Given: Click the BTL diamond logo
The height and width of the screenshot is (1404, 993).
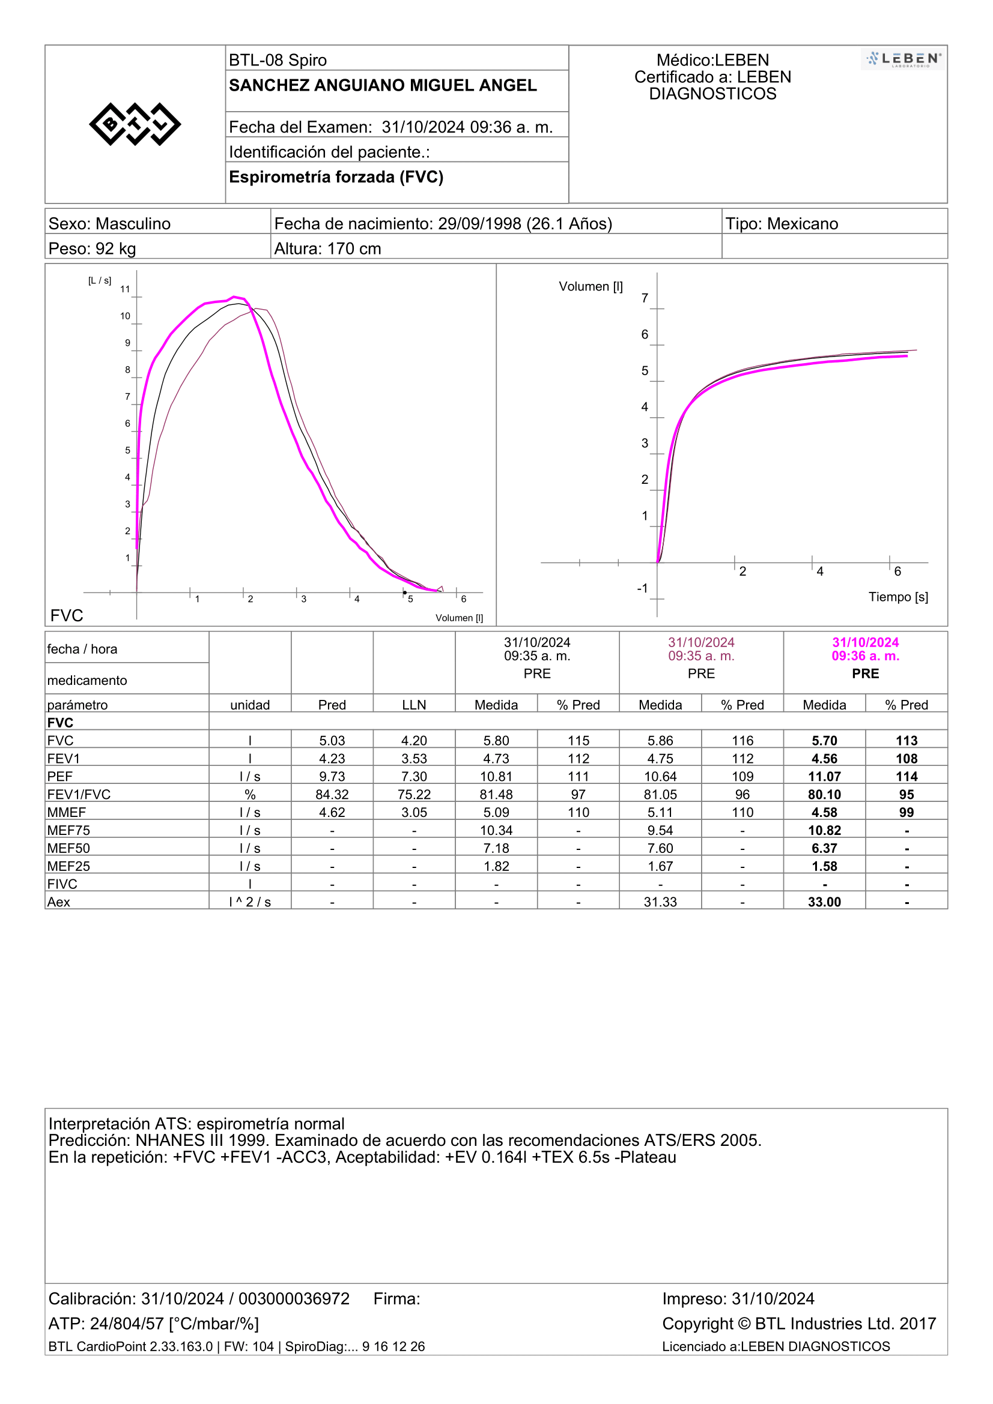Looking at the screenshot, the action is [x=135, y=124].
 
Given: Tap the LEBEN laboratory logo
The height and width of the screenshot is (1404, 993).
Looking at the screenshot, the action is [x=902, y=59].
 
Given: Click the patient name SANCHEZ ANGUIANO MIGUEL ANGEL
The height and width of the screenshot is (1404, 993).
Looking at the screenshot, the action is [x=383, y=85].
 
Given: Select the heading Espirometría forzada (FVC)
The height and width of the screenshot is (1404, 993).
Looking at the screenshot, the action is [x=336, y=176].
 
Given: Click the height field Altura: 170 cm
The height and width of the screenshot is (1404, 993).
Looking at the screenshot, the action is [x=327, y=249].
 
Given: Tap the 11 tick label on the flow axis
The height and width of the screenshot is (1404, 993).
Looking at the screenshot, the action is [x=125, y=289].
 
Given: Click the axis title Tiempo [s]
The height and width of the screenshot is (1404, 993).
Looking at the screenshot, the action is [x=898, y=597].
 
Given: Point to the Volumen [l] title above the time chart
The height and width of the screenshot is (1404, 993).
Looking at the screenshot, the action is [x=591, y=286].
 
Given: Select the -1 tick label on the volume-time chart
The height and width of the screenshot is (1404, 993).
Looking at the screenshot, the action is [x=642, y=588].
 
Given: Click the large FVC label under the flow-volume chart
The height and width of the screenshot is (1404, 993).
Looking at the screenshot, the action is [x=67, y=615].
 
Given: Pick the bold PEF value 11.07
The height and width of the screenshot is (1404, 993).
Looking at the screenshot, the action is [x=824, y=777].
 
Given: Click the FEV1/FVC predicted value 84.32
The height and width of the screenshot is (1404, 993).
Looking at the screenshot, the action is [x=332, y=794].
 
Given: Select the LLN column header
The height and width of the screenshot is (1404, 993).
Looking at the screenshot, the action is [x=415, y=705].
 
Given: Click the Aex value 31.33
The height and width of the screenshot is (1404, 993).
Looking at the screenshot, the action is [x=660, y=902].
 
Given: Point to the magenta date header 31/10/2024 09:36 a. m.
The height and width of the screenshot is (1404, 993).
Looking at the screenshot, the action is [x=865, y=649].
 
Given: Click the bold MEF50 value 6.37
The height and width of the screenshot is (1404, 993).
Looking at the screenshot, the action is [x=824, y=848].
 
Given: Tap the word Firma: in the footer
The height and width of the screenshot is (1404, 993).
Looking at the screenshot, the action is [x=397, y=1299].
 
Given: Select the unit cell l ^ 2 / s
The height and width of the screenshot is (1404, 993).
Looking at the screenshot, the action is [x=250, y=902].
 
